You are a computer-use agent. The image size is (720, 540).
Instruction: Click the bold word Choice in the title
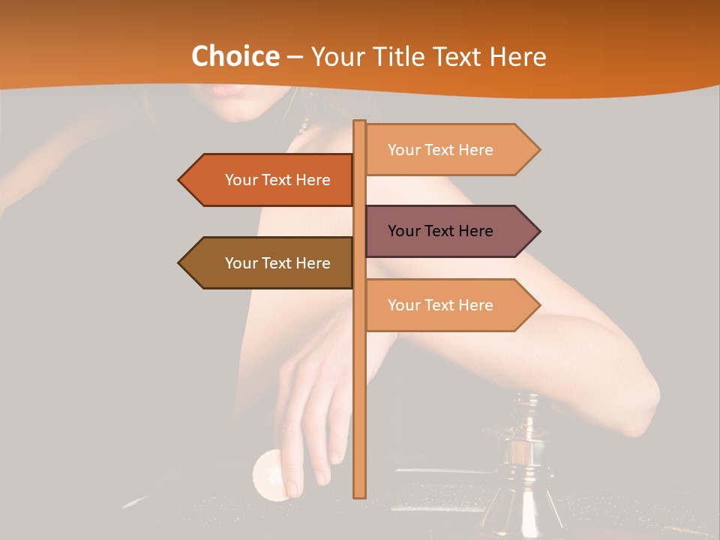235,56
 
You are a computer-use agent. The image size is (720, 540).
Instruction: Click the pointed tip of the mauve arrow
538,231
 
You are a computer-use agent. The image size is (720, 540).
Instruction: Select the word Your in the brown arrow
241,263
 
